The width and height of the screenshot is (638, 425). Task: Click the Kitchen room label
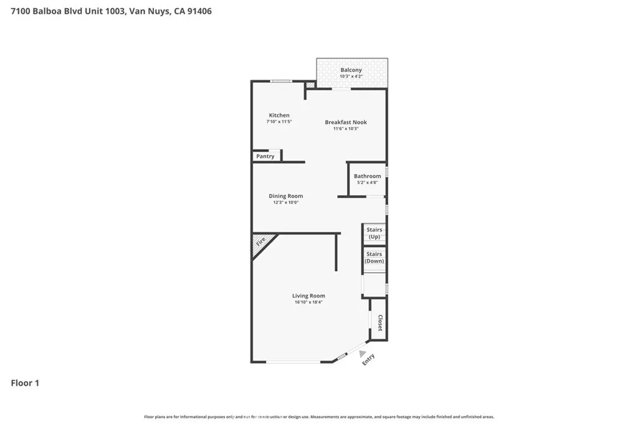coord(279,115)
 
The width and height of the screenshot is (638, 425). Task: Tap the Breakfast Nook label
coord(346,122)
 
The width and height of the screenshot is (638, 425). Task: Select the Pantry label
coord(265,156)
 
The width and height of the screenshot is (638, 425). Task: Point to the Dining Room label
coord(286,196)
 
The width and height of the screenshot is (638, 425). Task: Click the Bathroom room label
coord(368,176)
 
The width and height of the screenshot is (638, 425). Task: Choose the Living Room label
coord(308,296)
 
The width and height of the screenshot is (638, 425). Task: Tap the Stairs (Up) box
coord(374,233)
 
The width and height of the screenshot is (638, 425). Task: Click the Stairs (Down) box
coord(374,258)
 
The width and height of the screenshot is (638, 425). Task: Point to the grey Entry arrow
coord(362,353)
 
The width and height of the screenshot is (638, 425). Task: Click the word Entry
coord(369,360)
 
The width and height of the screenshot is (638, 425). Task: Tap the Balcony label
coord(351,70)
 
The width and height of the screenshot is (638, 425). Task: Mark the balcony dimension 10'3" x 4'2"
coord(351,77)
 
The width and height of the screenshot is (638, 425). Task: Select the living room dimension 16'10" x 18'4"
coord(308,302)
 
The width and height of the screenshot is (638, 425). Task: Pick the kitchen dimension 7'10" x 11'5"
coord(279,121)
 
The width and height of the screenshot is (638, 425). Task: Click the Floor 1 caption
coord(25,383)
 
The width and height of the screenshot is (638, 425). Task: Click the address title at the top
coord(111,11)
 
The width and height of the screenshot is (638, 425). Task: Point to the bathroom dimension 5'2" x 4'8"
coord(368,182)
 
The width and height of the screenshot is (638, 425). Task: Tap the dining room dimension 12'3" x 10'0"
coord(286,203)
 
